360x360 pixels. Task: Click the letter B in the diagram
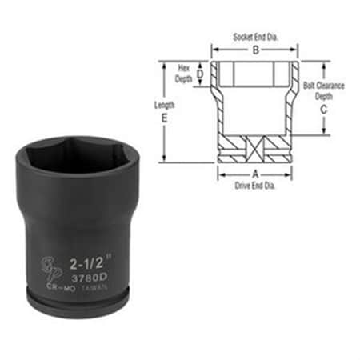click(x=254, y=50)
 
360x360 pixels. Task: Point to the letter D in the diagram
click(x=200, y=74)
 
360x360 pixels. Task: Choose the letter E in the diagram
click(x=163, y=118)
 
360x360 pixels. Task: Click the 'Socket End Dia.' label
click(x=254, y=37)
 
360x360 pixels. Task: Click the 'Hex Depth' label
click(x=182, y=74)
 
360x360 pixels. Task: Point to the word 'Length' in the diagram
click(x=163, y=104)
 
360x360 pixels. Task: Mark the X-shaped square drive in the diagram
click(x=254, y=150)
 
